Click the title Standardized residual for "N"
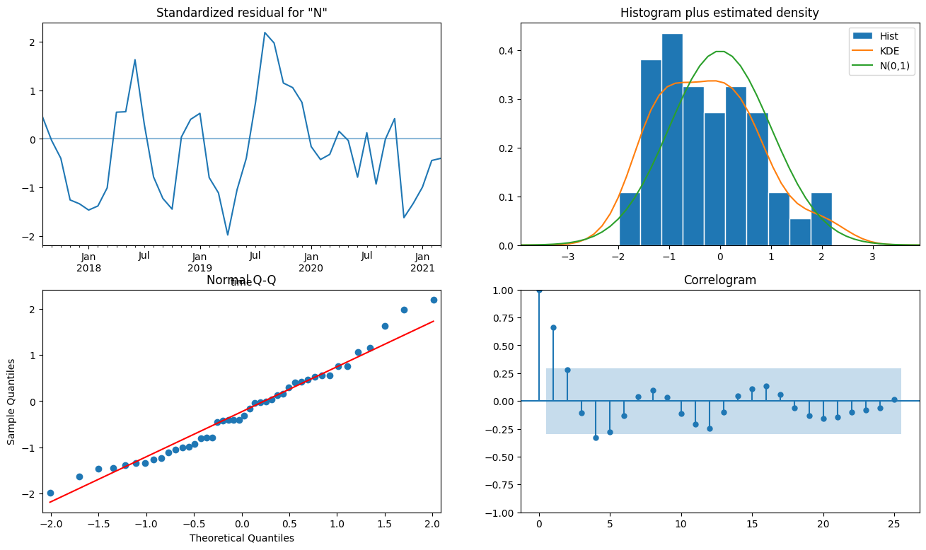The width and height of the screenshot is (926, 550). point(241,13)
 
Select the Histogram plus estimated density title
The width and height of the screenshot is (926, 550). point(719,13)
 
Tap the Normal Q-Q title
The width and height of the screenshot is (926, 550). point(241,280)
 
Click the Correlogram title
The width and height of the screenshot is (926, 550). point(719,280)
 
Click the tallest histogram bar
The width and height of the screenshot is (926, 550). point(672,141)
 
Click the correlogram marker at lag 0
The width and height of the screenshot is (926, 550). point(539,290)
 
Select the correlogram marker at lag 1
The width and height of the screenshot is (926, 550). point(553,327)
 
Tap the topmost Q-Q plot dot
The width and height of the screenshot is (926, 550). point(434,300)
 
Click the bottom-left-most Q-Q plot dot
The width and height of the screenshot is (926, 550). point(50,493)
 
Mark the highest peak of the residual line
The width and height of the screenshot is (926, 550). point(265,33)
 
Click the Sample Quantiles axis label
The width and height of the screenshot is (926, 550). point(11,402)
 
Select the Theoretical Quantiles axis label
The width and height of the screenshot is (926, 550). point(241,538)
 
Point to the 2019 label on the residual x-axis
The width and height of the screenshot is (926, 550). point(199,269)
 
